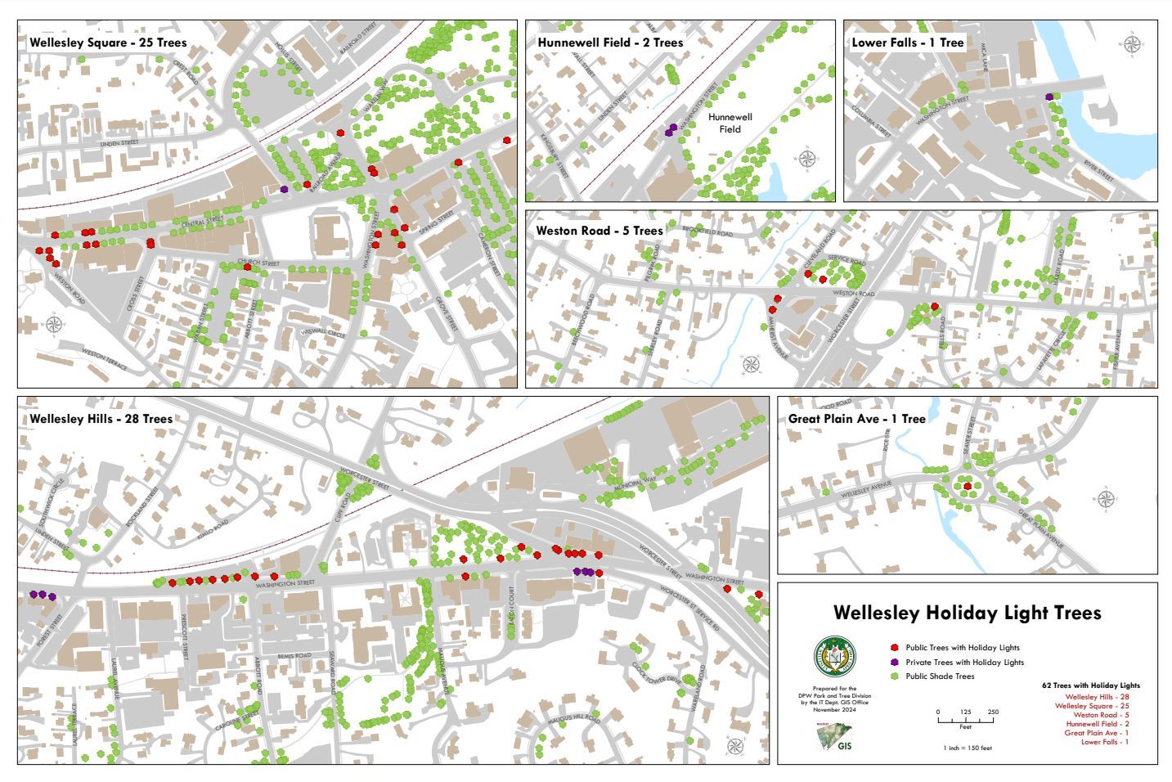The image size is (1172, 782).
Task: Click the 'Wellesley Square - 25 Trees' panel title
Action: tap(108, 43)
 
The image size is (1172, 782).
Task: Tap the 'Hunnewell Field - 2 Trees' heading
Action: tap(610, 43)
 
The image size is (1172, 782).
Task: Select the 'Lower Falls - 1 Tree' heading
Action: tap(908, 43)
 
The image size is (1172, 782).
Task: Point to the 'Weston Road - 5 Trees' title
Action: tap(599, 231)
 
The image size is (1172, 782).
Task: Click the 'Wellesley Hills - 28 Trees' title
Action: tap(101, 419)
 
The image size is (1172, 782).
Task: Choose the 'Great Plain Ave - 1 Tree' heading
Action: tap(856, 419)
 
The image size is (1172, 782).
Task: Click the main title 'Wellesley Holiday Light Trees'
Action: tap(967, 613)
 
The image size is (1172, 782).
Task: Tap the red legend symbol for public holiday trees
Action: tap(894, 647)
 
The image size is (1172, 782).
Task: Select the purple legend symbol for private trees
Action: tap(894, 662)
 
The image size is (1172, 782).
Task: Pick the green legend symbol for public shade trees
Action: tap(894, 676)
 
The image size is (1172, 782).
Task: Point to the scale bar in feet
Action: tap(966, 717)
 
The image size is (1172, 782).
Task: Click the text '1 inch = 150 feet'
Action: tap(967, 748)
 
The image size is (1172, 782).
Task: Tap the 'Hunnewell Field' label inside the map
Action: tap(730, 123)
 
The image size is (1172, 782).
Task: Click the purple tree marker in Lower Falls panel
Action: tap(1049, 97)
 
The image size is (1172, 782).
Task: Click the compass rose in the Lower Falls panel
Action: tap(1133, 44)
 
